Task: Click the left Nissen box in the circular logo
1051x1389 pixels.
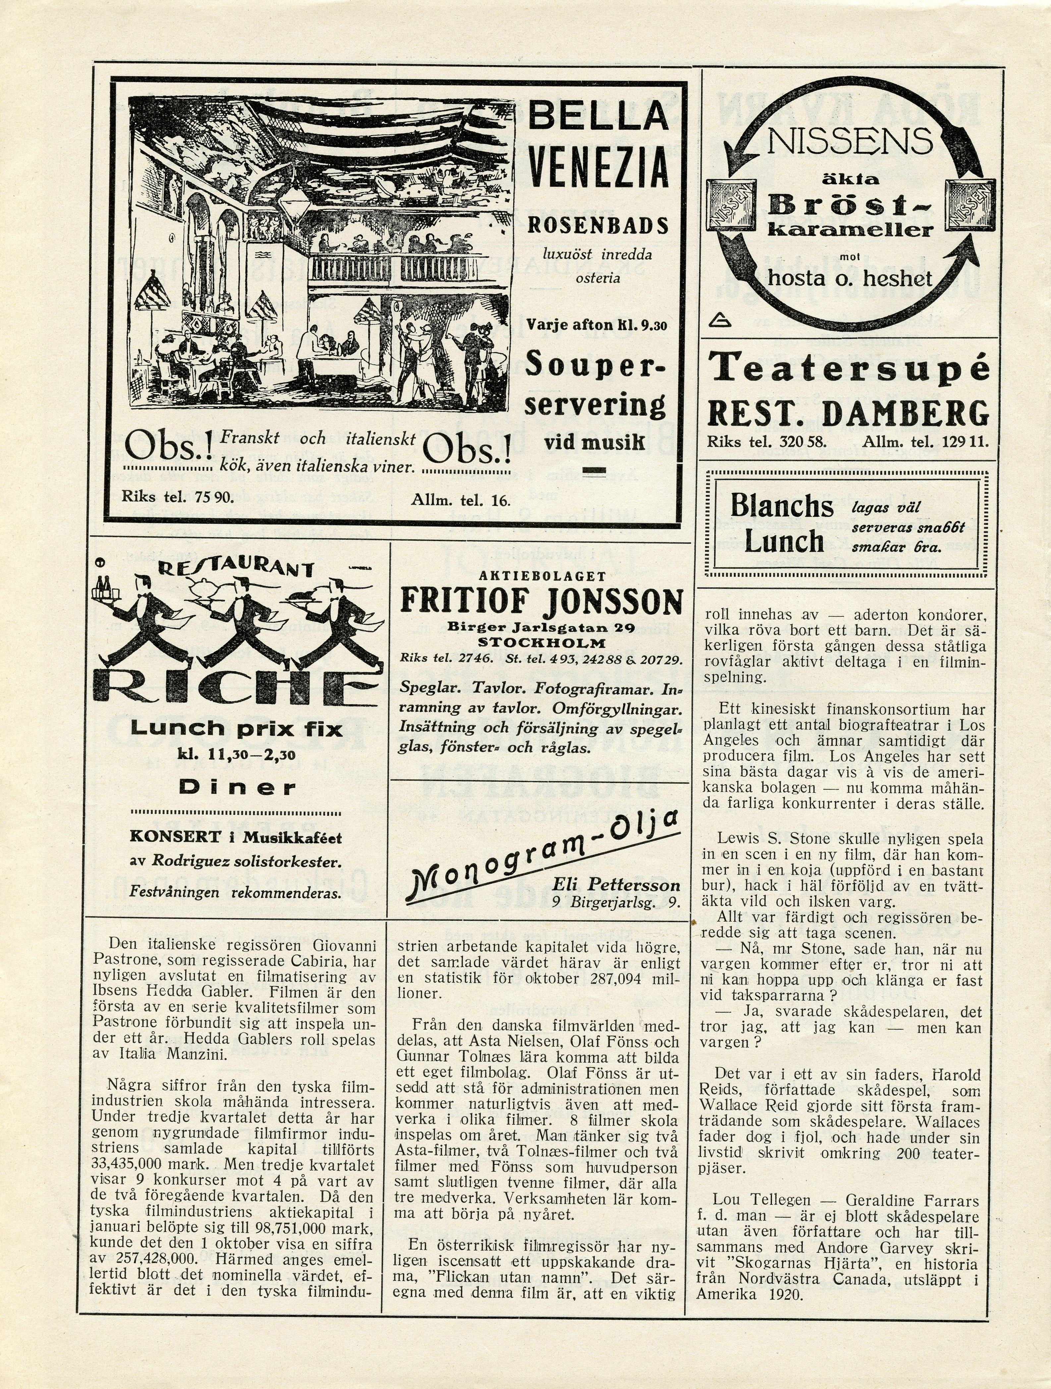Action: click(x=728, y=207)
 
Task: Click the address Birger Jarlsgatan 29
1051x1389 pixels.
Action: click(x=541, y=627)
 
